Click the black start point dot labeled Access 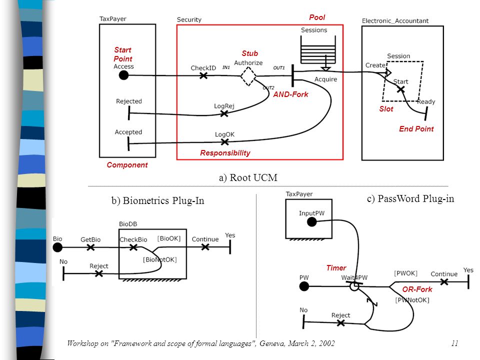click(123, 75)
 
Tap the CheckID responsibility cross click(203, 75)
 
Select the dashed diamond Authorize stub click(248, 76)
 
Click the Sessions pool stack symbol click(318, 50)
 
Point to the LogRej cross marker click(224, 113)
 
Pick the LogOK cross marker click(224, 141)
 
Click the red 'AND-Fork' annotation click(290, 94)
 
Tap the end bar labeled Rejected click(129, 113)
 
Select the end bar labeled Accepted click(128, 143)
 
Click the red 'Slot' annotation click(386, 109)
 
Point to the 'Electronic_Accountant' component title click(395, 21)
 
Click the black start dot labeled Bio click(57, 247)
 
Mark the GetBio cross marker click(90, 247)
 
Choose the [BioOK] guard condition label click(169, 238)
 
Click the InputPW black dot click(311, 222)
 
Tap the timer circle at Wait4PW click(354, 286)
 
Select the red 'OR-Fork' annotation click(417, 289)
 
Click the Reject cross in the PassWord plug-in click(340, 322)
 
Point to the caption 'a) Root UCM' click(248, 177)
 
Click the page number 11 click(454, 343)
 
